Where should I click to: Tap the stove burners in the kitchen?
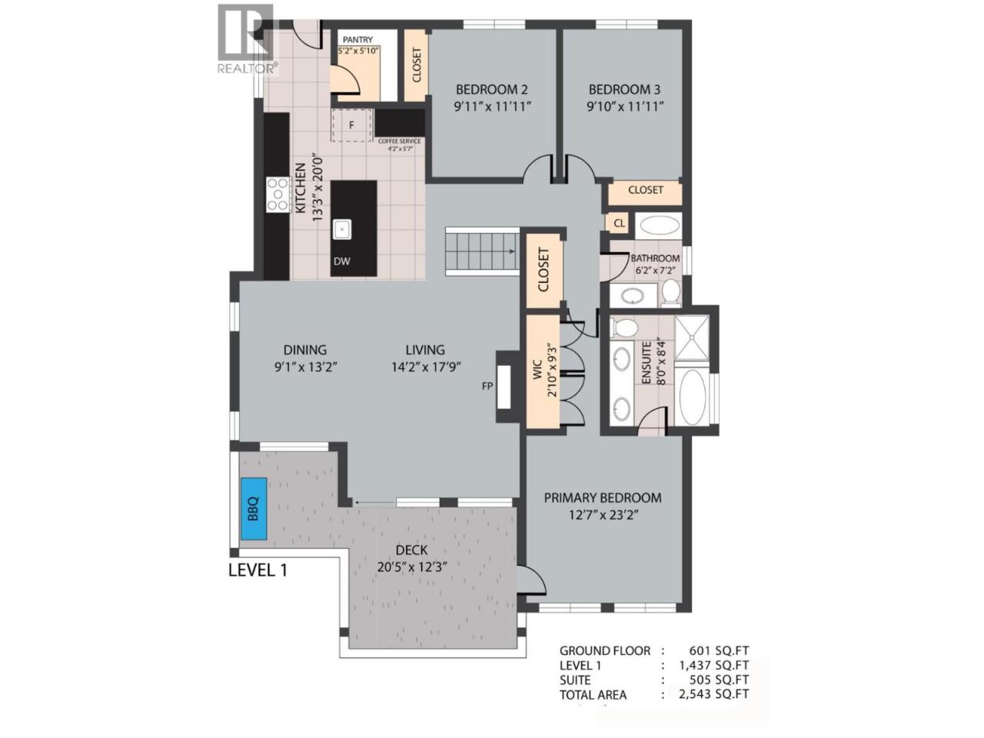click(278, 195)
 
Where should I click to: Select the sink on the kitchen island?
click(342, 229)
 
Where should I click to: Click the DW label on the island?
click(341, 261)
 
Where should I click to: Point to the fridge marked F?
click(351, 125)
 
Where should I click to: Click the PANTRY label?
click(357, 40)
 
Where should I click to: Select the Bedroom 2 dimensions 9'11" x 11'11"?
click(492, 107)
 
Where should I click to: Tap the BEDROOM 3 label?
click(624, 90)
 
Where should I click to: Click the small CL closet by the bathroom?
click(619, 223)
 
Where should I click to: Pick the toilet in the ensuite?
click(625, 327)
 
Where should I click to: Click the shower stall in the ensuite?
click(692, 337)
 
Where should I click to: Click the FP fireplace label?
click(487, 386)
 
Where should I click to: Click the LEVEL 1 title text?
click(258, 570)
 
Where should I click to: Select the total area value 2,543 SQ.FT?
click(713, 694)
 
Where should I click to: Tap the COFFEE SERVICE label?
click(400, 141)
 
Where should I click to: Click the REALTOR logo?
click(247, 39)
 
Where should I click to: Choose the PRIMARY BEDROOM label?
click(603, 498)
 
